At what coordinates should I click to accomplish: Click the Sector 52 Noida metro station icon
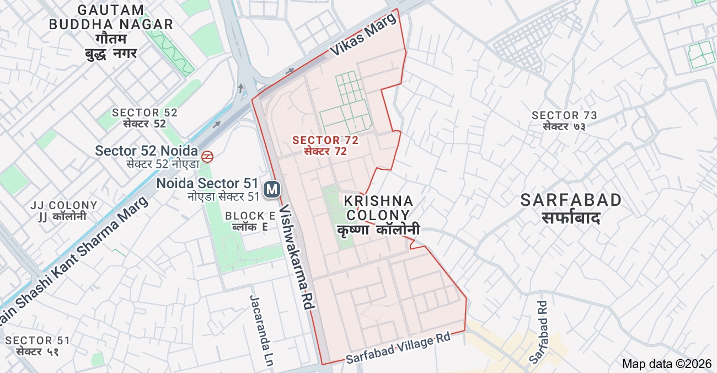(x=207, y=157)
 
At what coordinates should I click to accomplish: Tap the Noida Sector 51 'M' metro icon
(x=271, y=189)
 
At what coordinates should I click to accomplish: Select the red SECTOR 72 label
(x=325, y=140)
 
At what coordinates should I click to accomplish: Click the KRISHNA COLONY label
(x=378, y=208)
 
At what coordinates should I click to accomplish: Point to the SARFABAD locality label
(x=571, y=200)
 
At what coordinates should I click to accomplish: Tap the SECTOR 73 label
(x=564, y=115)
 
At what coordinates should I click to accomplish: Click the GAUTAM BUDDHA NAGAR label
(x=111, y=17)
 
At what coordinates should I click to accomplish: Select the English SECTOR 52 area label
(x=145, y=113)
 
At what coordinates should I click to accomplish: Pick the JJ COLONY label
(x=64, y=205)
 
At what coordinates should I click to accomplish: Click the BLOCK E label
(x=250, y=215)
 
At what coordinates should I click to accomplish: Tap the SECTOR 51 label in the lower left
(x=38, y=340)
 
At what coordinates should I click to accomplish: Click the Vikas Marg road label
(x=363, y=35)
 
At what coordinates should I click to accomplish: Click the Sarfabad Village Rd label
(x=398, y=348)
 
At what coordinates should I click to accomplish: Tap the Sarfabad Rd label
(x=538, y=332)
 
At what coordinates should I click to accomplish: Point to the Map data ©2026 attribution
(x=667, y=364)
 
